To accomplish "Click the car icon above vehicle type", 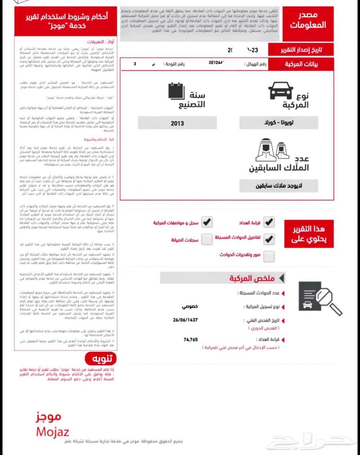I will (x=280, y=91).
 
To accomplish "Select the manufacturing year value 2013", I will (x=177, y=123).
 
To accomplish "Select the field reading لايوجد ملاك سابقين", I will (x=279, y=186).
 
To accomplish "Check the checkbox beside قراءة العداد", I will (x=269, y=222).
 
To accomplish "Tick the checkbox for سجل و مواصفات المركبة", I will (x=207, y=222).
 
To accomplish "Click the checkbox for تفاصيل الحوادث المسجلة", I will (x=269, y=239).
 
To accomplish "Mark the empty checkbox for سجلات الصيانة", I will (x=207, y=239).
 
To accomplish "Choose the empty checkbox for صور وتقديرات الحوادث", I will (x=269, y=256).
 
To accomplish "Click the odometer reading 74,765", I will (x=191, y=339).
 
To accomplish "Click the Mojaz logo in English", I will (x=52, y=432).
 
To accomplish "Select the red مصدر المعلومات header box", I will (x=308, y=24).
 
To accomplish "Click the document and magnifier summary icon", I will (x=320, y=298).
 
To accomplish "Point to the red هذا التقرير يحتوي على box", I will (x=308, y=234).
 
